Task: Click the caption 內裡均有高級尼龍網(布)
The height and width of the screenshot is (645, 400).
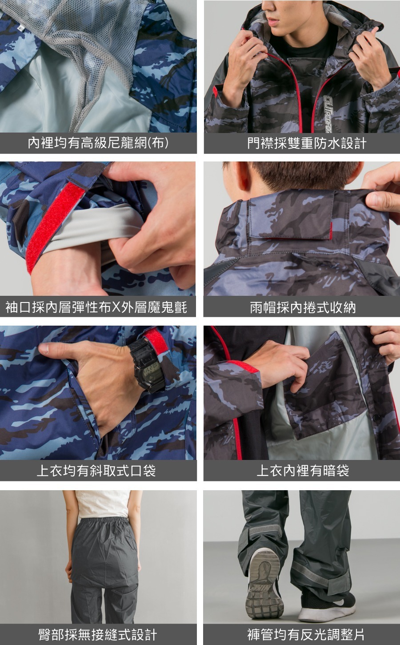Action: (98, 143)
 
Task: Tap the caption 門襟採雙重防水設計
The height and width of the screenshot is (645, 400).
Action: (307, 143)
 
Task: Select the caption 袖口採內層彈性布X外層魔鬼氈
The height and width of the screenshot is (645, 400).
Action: (96, 307)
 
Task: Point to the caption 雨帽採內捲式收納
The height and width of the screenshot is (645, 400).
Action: (303, 307)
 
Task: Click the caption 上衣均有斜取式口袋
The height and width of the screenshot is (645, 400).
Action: (96, 471)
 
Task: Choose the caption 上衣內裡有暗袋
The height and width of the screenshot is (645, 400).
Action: (303, 471)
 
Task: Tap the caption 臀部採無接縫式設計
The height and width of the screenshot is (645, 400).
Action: (97, 635)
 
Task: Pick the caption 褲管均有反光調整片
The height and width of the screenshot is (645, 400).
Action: (306, 635)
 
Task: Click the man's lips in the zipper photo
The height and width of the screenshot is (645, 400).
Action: (272, 20)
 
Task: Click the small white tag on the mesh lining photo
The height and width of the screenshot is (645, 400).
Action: (20, 28)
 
